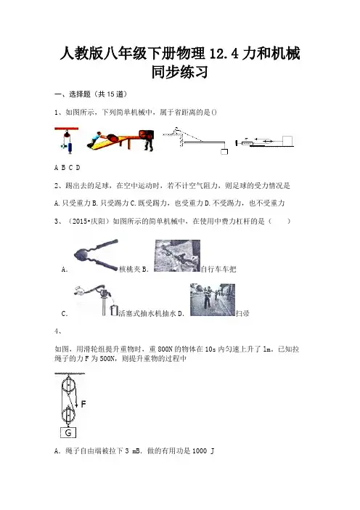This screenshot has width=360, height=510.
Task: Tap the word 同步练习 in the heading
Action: click(x=180, y=72)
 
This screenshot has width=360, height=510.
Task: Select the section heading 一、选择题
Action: click(x=73, y=94)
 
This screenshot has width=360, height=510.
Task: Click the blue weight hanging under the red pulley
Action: click(x=69, y=146)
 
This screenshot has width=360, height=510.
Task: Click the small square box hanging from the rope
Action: click(x=224, y=152)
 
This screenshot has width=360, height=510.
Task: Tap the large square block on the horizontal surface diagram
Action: click(x=287, y=141)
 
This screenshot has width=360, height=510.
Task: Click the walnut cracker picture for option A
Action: click(x=96, y=256)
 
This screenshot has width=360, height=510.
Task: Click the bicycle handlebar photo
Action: click(x=177, y=256)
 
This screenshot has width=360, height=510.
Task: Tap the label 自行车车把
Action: click(x=218, y=270)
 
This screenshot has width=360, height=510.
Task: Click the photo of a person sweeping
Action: click(x=213, y=299)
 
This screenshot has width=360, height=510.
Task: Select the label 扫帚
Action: click(x=242, y=314)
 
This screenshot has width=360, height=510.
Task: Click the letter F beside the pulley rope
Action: click(x=83, y=404)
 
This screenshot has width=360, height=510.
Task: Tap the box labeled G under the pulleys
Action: click(x=68, y=432)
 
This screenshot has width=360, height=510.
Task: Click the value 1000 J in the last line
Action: click(x=203, y=451)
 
